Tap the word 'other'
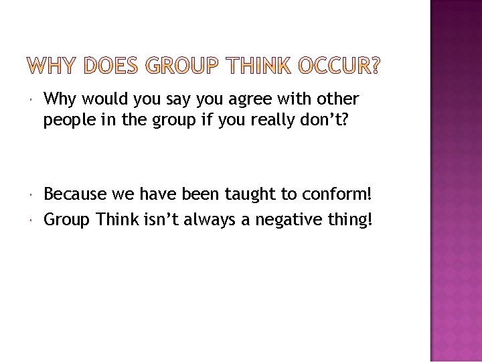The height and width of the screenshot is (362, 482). [x=339, y=100]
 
